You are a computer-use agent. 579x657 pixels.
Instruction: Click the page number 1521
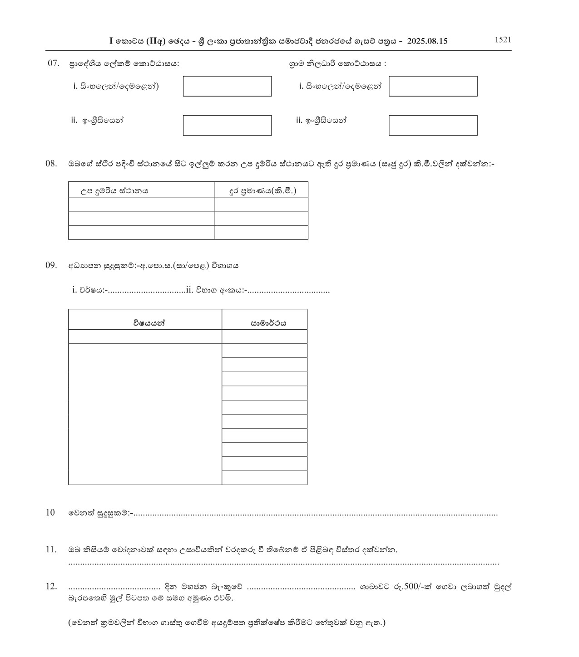pyautogui.click(x=503, y=39)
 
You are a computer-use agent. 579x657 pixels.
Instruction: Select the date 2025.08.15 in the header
pyautogui.click(x=427, y=41)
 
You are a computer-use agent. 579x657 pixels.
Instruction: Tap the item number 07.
pyautogui.click(x=54, y=63)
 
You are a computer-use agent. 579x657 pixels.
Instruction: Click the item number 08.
pyautogui.click(x=51, y=164)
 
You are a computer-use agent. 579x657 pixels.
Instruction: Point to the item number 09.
pyautogui.click(x=51, y=265)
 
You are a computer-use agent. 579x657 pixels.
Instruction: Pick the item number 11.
pyautogui.click(x=51, y=550)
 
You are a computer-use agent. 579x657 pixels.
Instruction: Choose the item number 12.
pyautogui.click(x=51, y=586)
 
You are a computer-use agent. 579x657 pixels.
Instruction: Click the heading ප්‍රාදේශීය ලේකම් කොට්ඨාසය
pyautogui.click(x=124, y=63)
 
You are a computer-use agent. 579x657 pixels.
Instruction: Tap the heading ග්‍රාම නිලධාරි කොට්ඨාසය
pyautogui.click(x=337, y=63)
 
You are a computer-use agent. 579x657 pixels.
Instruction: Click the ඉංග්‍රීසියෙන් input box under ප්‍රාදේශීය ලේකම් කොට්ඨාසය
pyautogui.click(x=227, y=126)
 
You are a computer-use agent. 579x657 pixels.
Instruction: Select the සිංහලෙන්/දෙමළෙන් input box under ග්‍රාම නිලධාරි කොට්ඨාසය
pyautogui.click(x=433, y=86)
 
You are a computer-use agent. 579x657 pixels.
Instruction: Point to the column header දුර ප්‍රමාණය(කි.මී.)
pyautogui.click(x=262, y=190)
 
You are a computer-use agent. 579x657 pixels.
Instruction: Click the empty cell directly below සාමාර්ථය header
pyautogui.click(x=264, y=336)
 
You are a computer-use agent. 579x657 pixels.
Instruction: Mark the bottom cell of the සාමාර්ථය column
pyautogui.click(x=264, y=478)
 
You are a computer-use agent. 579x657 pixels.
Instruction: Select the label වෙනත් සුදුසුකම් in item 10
pyautogui.click(x=99, y=513)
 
